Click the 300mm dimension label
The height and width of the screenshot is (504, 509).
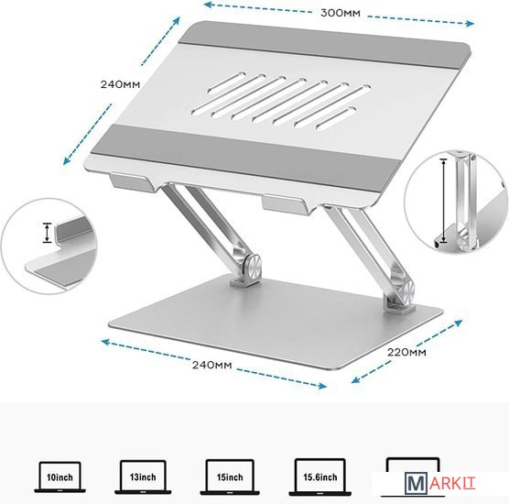tap(341, 13)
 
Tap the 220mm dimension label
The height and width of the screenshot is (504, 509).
tap(406, 352)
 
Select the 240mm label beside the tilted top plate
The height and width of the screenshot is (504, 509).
tap(120, 84)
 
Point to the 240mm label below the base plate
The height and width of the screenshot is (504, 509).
tap(212, 365)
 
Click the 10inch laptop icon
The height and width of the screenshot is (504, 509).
tap(60, 477)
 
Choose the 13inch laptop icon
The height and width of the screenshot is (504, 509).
tap(143, 477)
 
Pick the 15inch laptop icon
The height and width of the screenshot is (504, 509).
tap(230, 477)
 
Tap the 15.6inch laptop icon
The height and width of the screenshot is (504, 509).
tap(320, 477)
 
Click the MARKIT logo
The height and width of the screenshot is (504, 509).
tap(439, 483)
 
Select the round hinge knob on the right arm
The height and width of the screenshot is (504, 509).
tap(406, 290)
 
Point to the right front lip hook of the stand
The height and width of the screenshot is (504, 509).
tap(287, 203)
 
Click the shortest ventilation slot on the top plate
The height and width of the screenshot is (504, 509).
tap(336, 118)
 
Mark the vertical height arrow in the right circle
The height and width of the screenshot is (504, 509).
tap(443, 201)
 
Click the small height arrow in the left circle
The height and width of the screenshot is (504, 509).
tap(48, 233)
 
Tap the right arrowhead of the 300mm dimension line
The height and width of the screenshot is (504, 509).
tap(470, 23)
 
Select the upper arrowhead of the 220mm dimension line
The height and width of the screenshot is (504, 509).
tap(459, 323)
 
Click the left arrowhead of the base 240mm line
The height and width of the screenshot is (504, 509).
tap(105, 342)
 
